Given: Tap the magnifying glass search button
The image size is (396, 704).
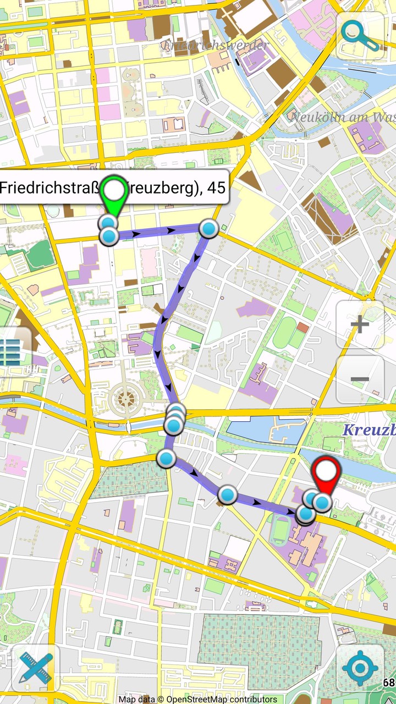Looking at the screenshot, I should coord(360,36).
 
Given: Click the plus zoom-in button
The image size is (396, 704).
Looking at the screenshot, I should coord(360,324).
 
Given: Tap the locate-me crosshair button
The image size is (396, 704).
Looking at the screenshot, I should coord(360,668).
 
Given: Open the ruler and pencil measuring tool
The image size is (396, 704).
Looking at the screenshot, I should coord(35,668).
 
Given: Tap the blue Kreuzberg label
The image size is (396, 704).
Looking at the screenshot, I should coord(369,430).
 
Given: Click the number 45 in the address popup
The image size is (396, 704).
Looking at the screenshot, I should coord(217,188).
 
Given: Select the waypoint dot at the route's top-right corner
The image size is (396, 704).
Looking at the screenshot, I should coord(208,228).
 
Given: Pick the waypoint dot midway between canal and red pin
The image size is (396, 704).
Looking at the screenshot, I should coord(227,494).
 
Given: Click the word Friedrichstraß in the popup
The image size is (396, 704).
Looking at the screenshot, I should coord(50,188).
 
